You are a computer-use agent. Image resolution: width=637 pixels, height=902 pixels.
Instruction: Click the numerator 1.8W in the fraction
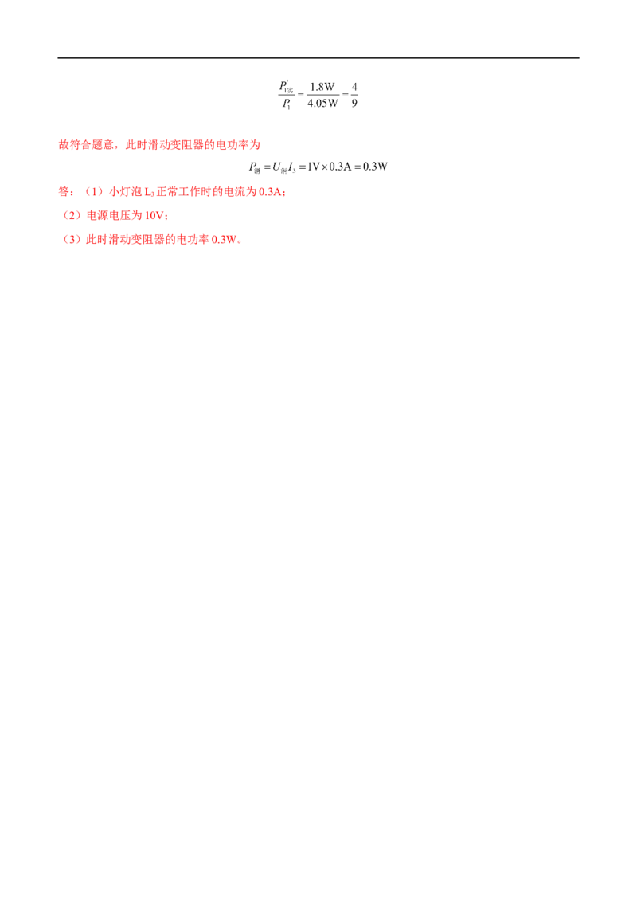pos(322,87)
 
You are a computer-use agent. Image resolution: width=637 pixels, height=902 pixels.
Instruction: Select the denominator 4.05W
pos(322,103)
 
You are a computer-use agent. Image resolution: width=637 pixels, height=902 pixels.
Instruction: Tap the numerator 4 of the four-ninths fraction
pos(354,87)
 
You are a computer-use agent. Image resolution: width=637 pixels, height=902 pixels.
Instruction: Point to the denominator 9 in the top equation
pos(354,103)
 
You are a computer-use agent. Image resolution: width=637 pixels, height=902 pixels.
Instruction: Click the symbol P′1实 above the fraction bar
pos(287,87)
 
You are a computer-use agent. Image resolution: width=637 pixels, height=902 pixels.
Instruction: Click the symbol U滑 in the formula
pos(279,167)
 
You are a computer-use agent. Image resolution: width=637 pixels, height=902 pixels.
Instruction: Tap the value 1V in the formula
pos(314,167)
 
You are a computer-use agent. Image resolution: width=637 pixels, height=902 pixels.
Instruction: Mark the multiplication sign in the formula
pos(324,167)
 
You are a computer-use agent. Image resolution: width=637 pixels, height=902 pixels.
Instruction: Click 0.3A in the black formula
pos(340,167)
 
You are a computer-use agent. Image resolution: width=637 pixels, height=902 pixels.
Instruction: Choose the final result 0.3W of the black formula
pos(375,167)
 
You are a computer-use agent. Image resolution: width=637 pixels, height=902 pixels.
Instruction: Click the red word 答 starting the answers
pos(64,191)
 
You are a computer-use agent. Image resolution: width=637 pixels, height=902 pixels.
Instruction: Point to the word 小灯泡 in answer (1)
pos(125,191)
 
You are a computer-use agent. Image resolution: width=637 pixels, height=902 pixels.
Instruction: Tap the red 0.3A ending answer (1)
pos(270,191)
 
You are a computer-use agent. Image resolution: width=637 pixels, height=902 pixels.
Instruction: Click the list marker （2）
pos(72,215)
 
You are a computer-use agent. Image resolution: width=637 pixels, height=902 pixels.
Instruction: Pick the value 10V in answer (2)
pos(154,215)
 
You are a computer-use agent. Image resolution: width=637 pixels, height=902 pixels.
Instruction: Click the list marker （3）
pos(72,239)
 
